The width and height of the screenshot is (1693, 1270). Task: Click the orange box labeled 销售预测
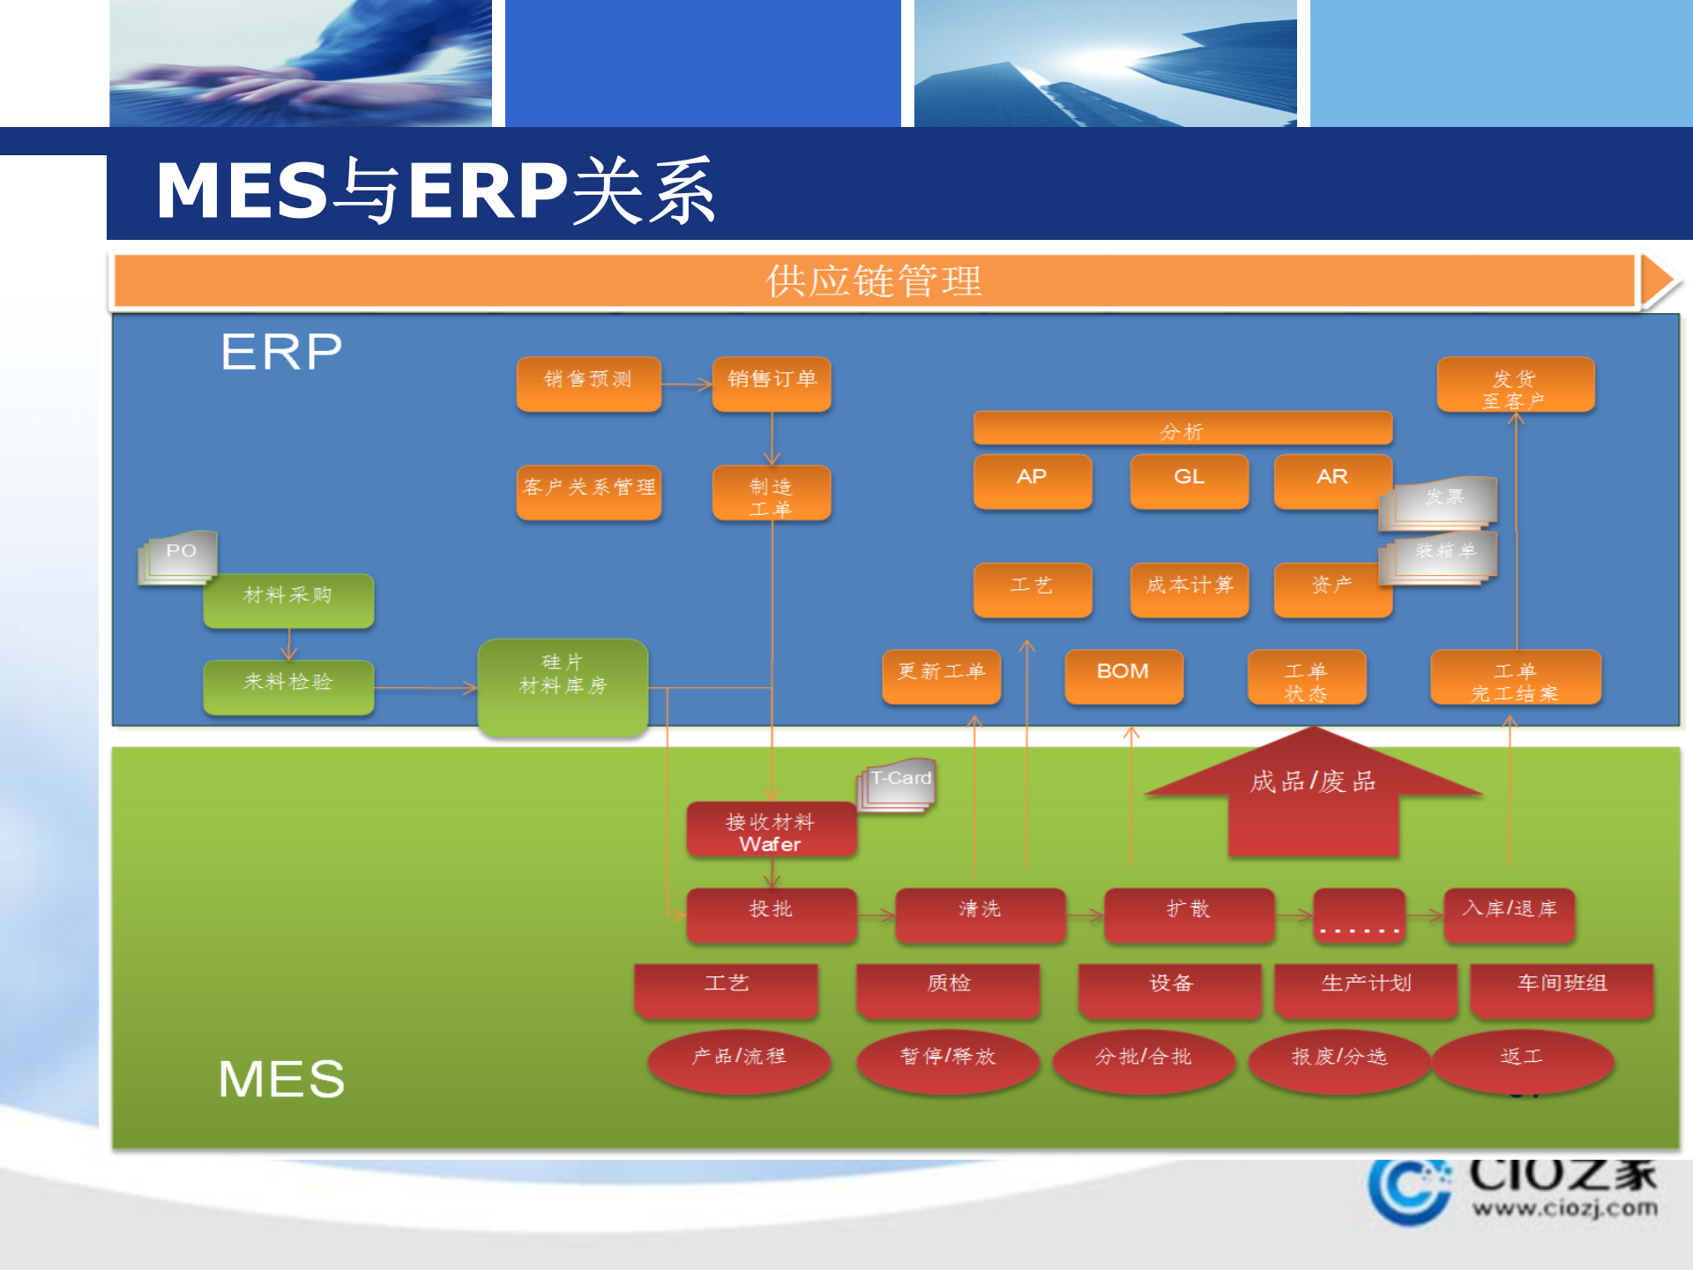[x=588, y=383]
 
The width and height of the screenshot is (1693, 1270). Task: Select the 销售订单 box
[x=772, y=383]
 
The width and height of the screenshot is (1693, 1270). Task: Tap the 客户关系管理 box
[x=588, y=490]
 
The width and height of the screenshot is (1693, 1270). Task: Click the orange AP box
[x=1032, y=480]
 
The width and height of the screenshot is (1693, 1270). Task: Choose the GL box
[x=1189, y=480]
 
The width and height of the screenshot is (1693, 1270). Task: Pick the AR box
[x=1331, y=480]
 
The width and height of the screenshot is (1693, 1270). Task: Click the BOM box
[x=1122, y=675]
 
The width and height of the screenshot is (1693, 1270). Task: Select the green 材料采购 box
[x=288, y=599]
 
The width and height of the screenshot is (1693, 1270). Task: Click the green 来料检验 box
[x=288, y=685]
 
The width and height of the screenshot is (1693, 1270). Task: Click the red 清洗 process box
[x=980, y=914]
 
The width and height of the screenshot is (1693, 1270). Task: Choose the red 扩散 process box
[x=1189, y=914]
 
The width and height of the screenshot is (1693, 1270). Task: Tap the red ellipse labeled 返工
[x=1522, y=1060]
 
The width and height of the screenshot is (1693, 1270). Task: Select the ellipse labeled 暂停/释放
[x=948, y=1060]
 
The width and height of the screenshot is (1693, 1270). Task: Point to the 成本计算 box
[x=1189, y=588]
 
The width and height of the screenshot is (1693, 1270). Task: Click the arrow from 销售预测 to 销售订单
[x=687, y=384]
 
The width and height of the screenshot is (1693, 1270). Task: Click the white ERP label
[x=281, y=352]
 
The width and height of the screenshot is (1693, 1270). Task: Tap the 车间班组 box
[x=1562, y=989]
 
